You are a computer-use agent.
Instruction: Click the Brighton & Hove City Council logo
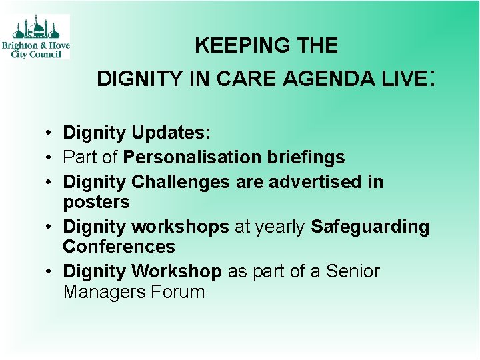(40, 37)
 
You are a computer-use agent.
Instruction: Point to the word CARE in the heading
(249, 79)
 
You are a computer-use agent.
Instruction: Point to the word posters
(96, 202)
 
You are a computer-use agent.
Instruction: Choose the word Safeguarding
(370, 227)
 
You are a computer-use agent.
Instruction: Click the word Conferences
(119, 247)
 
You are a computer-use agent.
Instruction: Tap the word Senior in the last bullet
(353, 271)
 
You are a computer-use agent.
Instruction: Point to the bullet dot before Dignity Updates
(50, 133)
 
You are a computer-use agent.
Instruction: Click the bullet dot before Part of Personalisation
(50, 157)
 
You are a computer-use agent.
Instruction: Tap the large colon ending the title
(433, 79)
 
